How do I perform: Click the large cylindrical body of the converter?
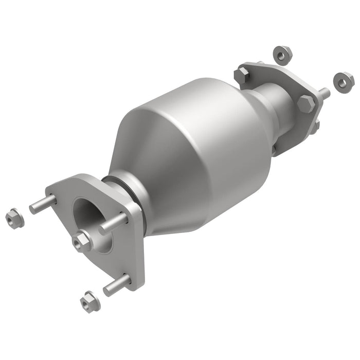tap(206, 129)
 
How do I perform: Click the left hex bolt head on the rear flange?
tap(242, 76)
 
